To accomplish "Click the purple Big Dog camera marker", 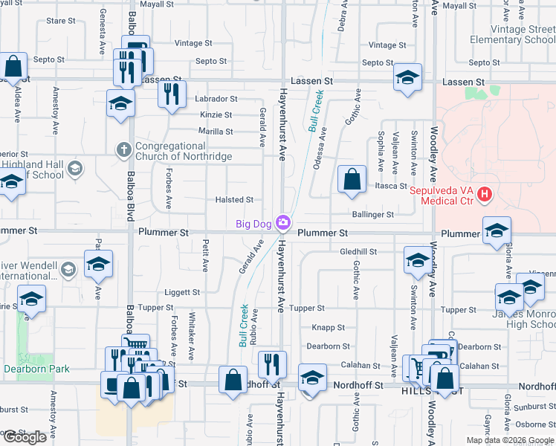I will point(282,222).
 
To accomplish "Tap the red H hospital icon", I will point(485,195).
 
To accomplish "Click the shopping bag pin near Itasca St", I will point(352,180).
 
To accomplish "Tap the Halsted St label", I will point(234,200).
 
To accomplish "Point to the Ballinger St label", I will point(373,215).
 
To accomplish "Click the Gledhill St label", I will point(359,252).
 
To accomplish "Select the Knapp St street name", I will point(328,327).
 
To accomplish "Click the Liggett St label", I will point(182,293).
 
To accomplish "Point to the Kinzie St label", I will point(216,115).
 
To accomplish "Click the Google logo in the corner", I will point(25,437).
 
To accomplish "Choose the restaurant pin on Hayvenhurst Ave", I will point(273,364).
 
